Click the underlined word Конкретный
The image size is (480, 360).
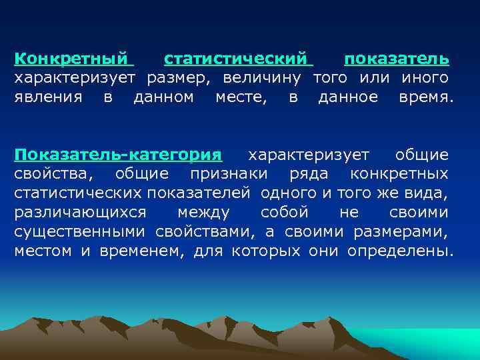pos(72,59)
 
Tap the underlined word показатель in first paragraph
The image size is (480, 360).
pos(396,59)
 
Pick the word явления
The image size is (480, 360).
pos(49,97)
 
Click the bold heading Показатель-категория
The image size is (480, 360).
pos(118,155)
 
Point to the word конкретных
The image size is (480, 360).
pos(399,175)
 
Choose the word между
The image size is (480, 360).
pos(204,213)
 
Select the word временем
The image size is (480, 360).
pos(142,252)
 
